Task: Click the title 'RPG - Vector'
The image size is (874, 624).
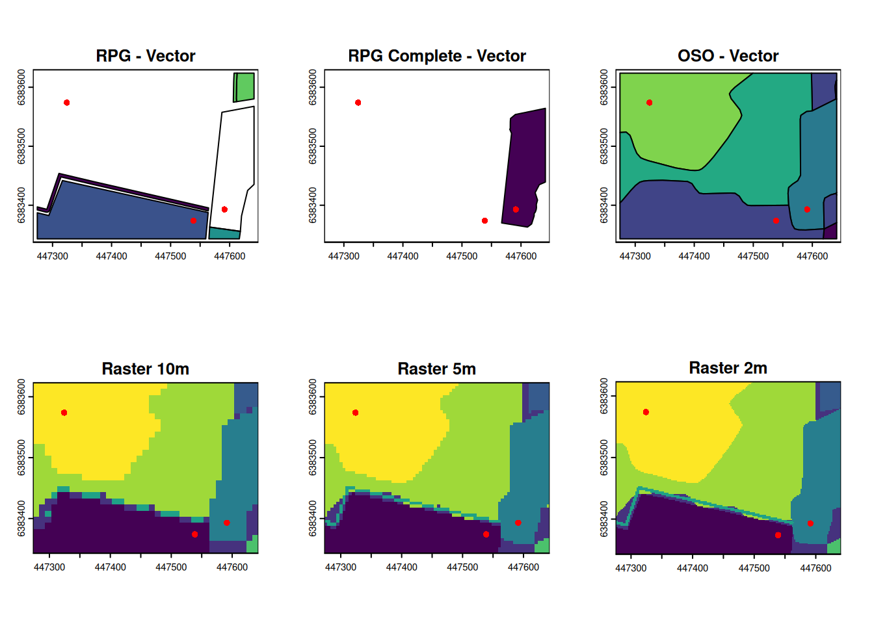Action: coord(146,56)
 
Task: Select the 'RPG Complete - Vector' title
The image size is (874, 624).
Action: coord(437,56)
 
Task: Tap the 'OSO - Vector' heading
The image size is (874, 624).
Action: coord(728,56)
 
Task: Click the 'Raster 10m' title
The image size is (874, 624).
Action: coord(146,369)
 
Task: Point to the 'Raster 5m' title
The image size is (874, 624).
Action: coord(437,369)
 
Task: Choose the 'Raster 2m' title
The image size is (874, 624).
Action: coord(728,368)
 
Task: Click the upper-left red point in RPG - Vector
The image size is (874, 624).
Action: coord(67,103)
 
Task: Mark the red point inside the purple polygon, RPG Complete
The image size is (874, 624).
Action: coord(516,209)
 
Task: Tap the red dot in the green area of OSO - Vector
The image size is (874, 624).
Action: coord(649,103)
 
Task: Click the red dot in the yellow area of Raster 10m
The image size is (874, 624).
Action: coord(64,413)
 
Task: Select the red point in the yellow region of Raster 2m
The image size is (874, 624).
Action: coord(646,412)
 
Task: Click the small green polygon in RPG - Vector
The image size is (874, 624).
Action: coord(245,86)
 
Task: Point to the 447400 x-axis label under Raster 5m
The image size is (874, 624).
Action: coord(402,567)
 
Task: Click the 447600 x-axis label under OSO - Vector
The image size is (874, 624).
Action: coord(812,257)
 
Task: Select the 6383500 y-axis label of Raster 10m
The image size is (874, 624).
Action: coord(21,458)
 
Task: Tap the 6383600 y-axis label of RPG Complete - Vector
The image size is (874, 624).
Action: coord(313,87)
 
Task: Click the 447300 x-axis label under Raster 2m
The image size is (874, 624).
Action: coord(631,568)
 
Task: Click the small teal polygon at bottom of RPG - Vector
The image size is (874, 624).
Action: coord(224,233)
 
